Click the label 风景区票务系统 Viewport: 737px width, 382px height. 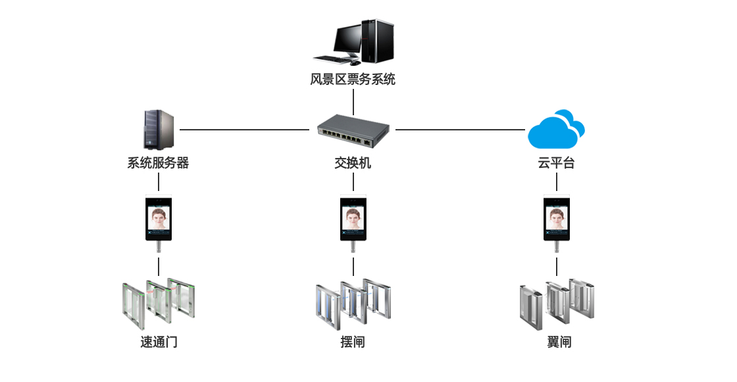point(353,80)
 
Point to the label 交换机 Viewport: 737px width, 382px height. point(353,163)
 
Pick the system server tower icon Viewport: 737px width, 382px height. point(158,129)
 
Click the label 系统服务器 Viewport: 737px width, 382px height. point(158,163)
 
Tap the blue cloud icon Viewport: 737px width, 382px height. point(556,130)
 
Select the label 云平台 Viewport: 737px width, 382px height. point(556,163)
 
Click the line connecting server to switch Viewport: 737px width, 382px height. point(243,130)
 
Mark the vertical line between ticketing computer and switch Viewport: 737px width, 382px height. point(353,102)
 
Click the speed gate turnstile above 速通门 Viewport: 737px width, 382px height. point(159,304)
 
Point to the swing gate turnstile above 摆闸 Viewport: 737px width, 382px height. point(353,304)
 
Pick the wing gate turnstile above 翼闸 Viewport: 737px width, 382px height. point(557,304)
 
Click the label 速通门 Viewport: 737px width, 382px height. point(159,342)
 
